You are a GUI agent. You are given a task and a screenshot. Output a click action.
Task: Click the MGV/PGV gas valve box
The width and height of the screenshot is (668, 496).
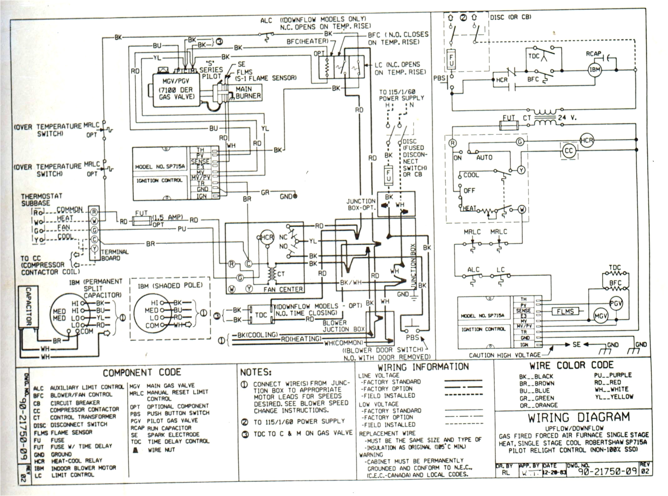point(176,90)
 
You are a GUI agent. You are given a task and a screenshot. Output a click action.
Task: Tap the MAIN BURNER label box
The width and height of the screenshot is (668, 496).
point(248,93)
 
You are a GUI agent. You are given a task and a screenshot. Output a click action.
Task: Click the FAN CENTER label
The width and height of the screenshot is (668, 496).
point(283,290)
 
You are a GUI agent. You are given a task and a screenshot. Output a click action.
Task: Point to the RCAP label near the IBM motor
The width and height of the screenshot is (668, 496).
point(593,54)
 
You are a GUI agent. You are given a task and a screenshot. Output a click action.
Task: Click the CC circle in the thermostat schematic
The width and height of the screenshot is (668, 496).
point(569,151)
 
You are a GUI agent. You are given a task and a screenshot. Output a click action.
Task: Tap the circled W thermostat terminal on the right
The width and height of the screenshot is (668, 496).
point(522,209)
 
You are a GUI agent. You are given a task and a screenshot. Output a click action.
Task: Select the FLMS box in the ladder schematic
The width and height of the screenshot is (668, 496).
point(565,311)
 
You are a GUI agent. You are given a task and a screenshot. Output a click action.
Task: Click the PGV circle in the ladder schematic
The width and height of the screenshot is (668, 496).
point(616,303)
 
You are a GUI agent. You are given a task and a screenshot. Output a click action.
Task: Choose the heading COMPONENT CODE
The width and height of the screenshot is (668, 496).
point(142,373)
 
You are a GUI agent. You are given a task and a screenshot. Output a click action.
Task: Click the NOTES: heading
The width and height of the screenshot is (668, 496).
point(256,372)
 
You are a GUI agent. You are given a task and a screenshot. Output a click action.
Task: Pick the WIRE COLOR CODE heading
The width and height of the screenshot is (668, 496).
point(571,365)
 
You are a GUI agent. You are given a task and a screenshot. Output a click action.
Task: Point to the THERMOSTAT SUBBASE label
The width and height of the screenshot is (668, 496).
point(41,199)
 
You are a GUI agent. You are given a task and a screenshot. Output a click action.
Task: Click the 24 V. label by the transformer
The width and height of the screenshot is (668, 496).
point(567,118)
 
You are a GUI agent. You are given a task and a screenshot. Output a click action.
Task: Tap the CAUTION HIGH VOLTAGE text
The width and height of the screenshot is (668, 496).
point(504,355)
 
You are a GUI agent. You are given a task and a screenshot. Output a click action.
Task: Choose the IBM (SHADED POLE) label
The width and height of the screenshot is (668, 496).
point(170,286)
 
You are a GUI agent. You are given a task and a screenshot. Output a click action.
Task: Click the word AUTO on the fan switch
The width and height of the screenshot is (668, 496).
point(484,158)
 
